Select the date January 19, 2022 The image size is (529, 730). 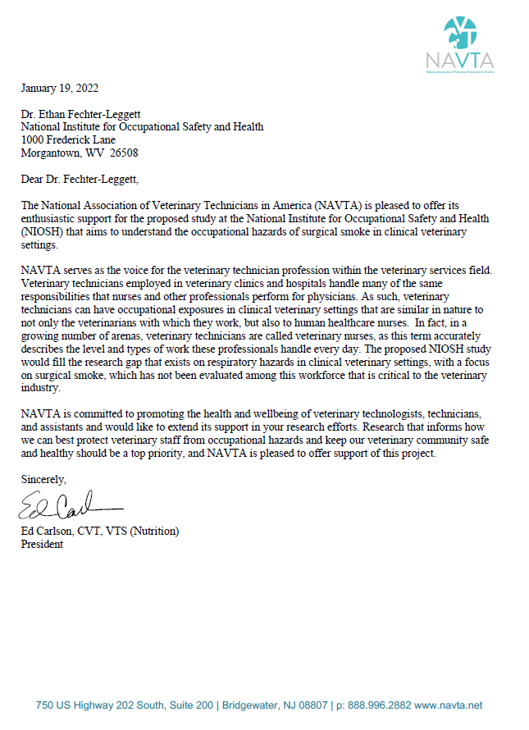pos(60,88)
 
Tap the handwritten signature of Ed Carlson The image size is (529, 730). pos(66,505)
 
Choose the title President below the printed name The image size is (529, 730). pos(42,543)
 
